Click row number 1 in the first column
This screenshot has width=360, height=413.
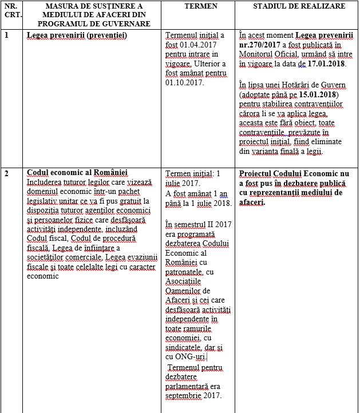tap(6, 35)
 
